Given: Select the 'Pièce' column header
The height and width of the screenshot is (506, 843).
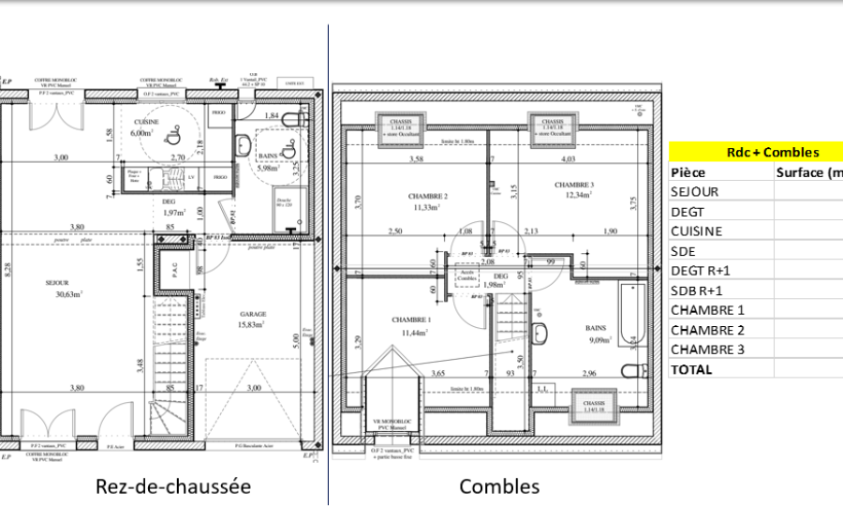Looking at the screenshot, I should click(x=688, y=172).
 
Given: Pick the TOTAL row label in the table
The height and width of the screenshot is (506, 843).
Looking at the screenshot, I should click(x=691, y=369).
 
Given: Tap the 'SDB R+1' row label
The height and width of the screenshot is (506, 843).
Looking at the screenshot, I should click(x=697, y=290).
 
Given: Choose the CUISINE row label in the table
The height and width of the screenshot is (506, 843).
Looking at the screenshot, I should click(x=696, y=231).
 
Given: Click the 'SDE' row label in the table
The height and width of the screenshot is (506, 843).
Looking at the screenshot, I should click(x=683, y=251).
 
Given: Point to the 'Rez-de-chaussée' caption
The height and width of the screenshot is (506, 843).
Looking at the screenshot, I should click(x=173, y=486).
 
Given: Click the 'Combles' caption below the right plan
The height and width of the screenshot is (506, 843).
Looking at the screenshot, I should click(x=499, y=486).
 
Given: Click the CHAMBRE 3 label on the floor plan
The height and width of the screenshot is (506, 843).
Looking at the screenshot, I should click(x=574, y=185).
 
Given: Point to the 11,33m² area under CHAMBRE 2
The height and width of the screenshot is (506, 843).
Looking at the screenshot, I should click(x=428, y=207).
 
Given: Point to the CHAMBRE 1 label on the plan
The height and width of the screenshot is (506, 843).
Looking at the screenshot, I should click(x=411, y=320).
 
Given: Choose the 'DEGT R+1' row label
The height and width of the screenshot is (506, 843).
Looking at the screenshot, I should click(x=702, y=271).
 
